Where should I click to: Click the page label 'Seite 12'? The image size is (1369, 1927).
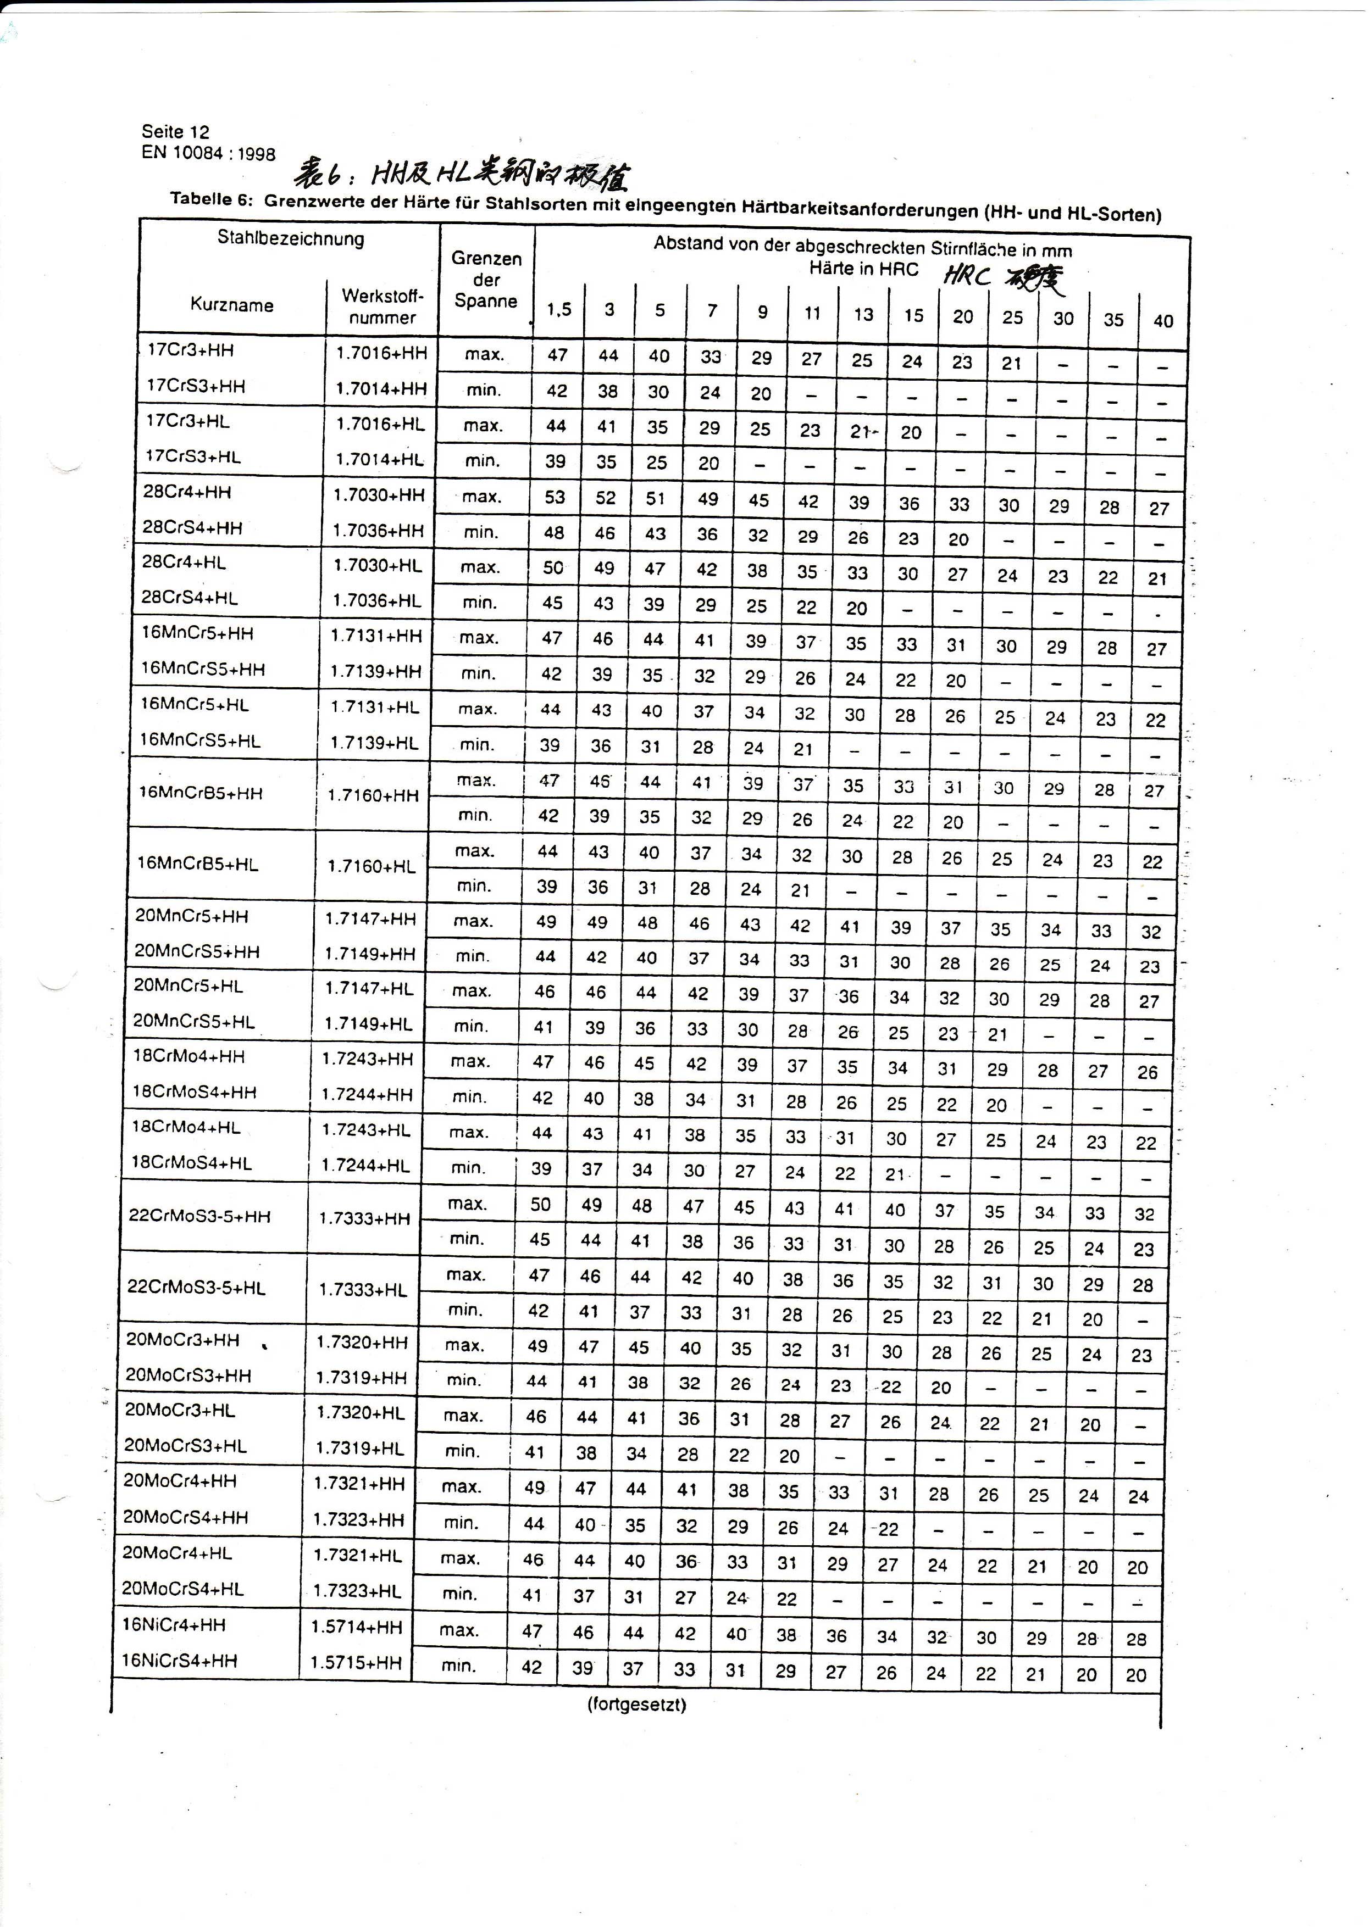(175, 131)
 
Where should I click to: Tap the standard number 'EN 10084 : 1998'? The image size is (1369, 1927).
(208, 153)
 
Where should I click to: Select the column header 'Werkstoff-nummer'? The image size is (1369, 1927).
(382, 307)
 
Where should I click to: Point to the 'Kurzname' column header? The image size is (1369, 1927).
(232, 305)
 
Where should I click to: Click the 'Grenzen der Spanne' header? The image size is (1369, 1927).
(486, 280)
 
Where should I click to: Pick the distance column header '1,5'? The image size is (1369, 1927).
(558, 310)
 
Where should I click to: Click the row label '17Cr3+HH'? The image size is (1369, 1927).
(190, 350)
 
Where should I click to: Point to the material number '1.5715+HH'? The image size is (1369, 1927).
(356, 1662)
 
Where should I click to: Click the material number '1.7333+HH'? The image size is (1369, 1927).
(364, 1218)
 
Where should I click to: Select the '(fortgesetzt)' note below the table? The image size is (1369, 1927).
(636, 1705)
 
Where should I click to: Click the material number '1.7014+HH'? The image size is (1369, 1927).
(381, 388)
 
